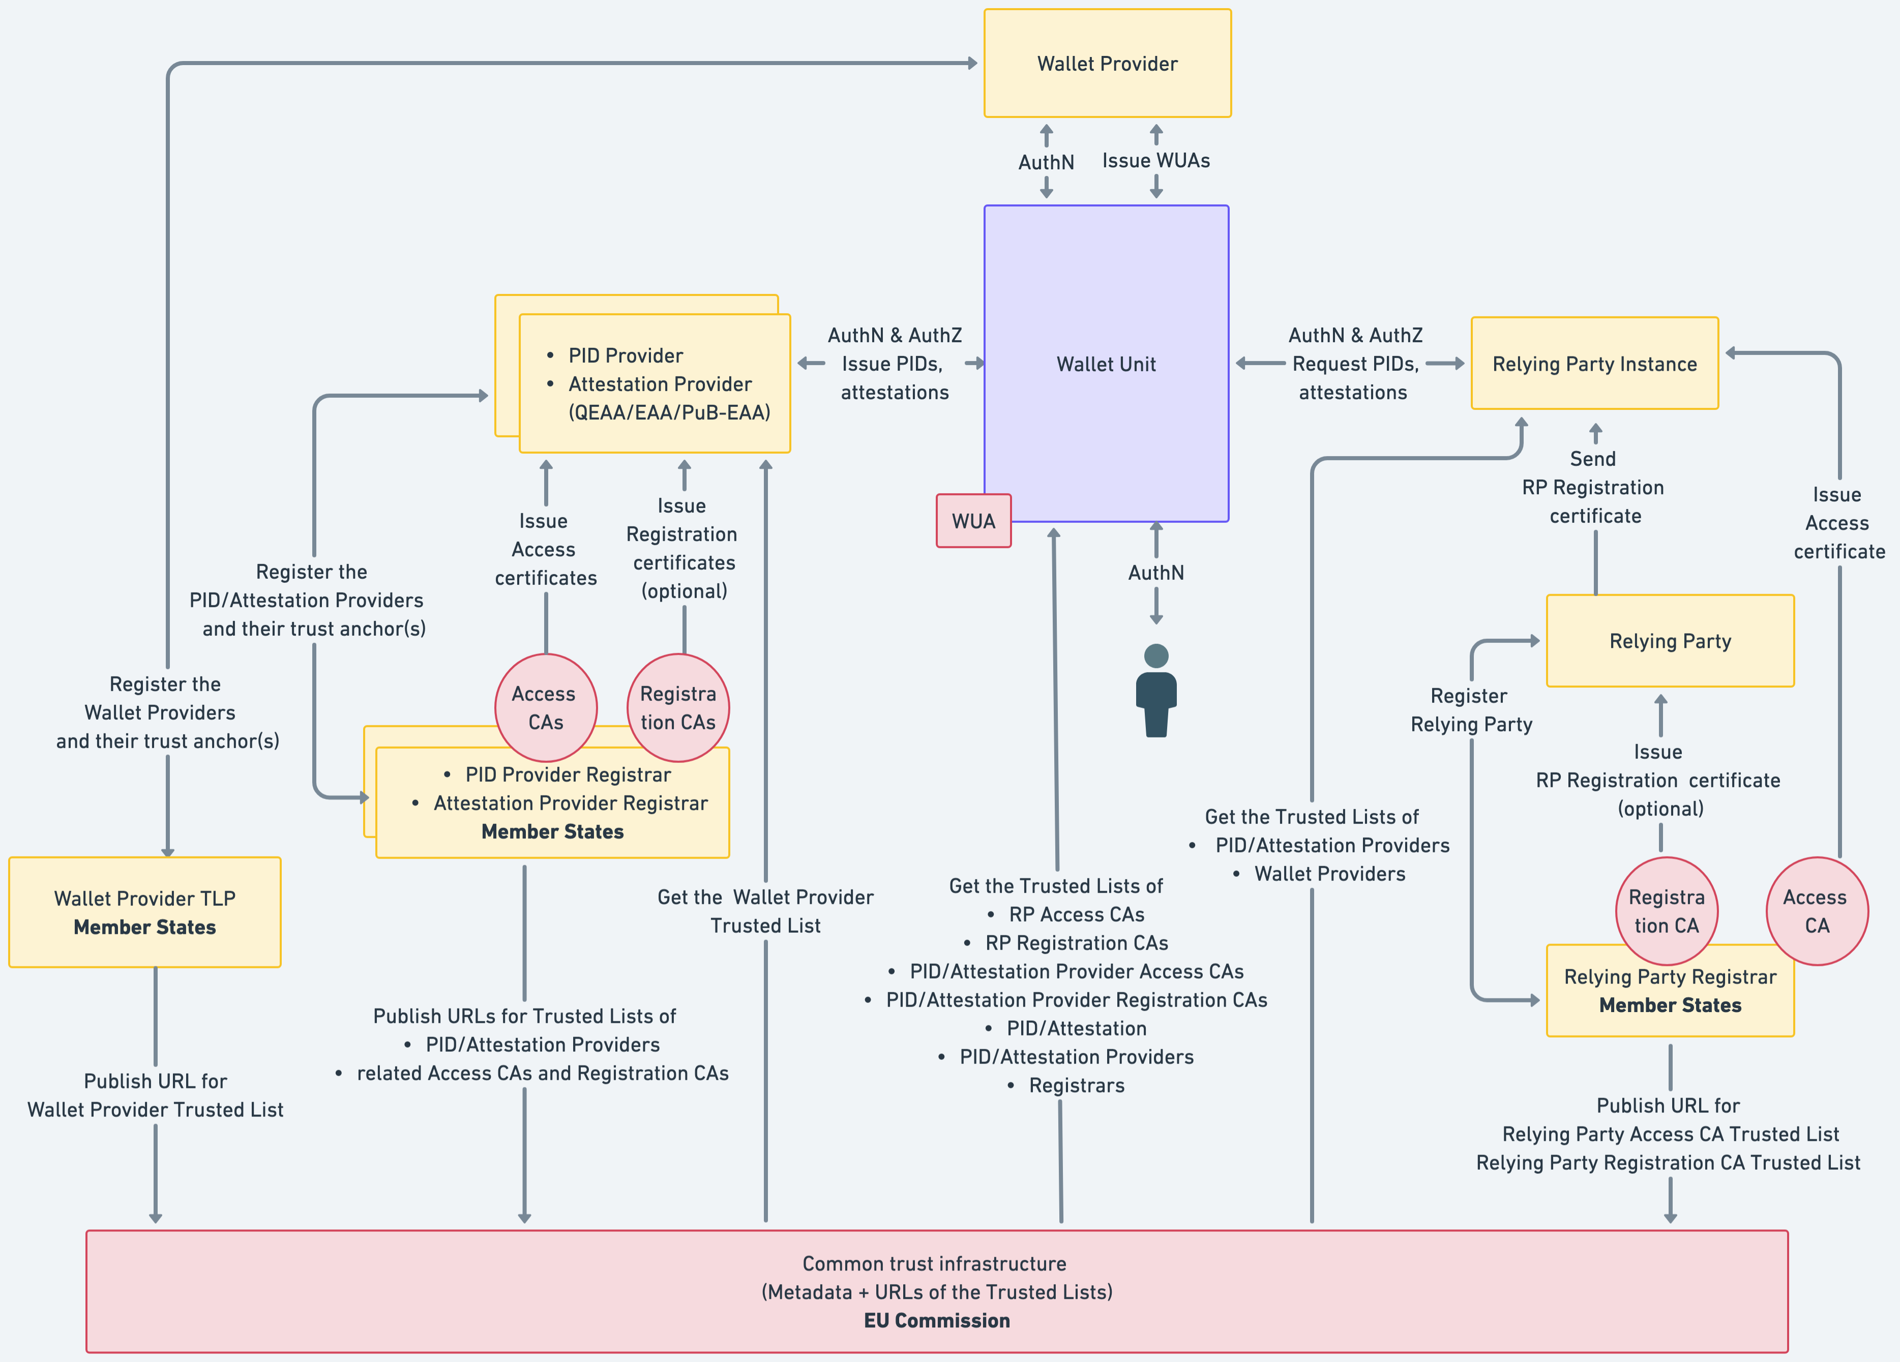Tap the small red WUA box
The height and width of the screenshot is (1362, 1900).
click(x=973, y=521)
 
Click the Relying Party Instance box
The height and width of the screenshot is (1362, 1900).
click(x=1594, y=364)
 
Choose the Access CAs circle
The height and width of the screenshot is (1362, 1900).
click(x=545, y=708)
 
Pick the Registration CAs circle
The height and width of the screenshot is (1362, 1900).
click(x=678, y=708)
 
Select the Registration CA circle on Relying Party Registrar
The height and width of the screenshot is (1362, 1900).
click(x=1666, y=911)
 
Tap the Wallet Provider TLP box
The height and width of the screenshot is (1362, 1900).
click(x=145, y=912)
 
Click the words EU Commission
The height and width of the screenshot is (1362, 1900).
click(x=937, y=1321)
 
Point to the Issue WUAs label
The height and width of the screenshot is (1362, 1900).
click(x=1156, y=161)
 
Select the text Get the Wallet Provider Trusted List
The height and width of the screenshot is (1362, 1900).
click(x=765, y=911)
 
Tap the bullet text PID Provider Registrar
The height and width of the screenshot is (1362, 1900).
click(x=568, y=775)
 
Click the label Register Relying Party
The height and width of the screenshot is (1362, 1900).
click(x=1471, y=710)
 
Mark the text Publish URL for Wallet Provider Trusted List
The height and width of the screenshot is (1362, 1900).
click(x=156, y=1095)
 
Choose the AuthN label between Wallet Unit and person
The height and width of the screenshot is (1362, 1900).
click(x=1156, y=573)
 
